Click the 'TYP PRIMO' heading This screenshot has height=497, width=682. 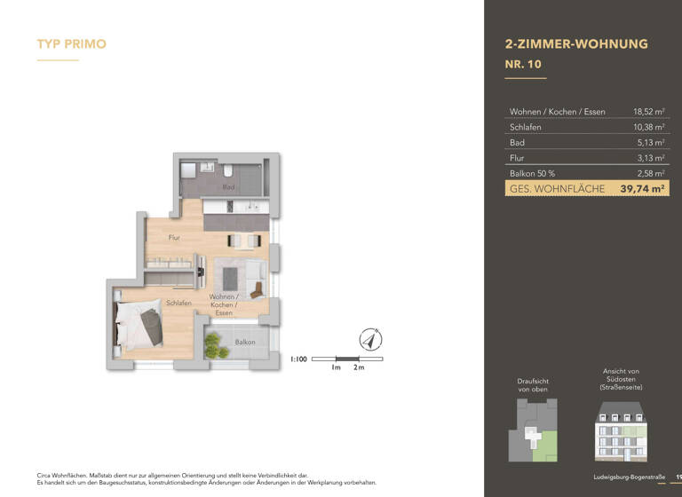(x=72, y=43)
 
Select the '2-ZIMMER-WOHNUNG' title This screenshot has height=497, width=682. (x=575, y=43)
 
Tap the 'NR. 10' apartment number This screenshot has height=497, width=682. (x=523, y=64)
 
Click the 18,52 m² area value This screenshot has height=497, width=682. (x=648, y=112)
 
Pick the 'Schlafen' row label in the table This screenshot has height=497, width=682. (x=525, y=127)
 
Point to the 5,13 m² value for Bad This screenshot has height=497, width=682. (x=651, y=142)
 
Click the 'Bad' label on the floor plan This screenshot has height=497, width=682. (x=228, y=187)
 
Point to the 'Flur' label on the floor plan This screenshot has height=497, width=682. (x=175, y=238)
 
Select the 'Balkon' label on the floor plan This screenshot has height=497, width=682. (x=245, y=342)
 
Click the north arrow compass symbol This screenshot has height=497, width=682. (x=370, y=339)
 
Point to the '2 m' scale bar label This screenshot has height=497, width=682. (x=359, y=367)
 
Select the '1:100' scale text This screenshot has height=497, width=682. (x=299, y=359)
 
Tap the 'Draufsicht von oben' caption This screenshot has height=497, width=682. (x=533, y=384)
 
